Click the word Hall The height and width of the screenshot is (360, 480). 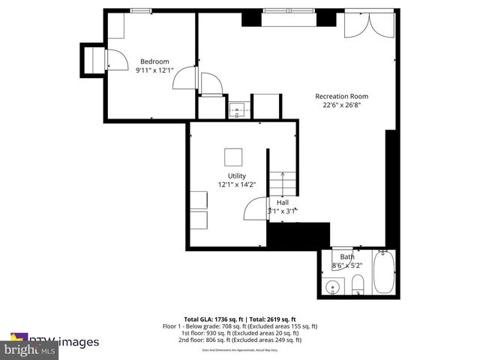[283, 202]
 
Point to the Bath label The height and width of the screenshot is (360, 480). [347, 256]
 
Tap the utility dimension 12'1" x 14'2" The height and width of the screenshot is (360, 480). [237, 184]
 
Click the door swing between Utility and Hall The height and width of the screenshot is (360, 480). [256, 208]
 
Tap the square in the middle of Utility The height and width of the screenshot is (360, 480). [233, 156]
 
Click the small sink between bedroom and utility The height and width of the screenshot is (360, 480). [238, 110]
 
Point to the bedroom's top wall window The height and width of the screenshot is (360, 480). [139, 10]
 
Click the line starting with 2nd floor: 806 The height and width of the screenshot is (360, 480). [240, 340]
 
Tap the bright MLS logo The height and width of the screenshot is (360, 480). [30, 350]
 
